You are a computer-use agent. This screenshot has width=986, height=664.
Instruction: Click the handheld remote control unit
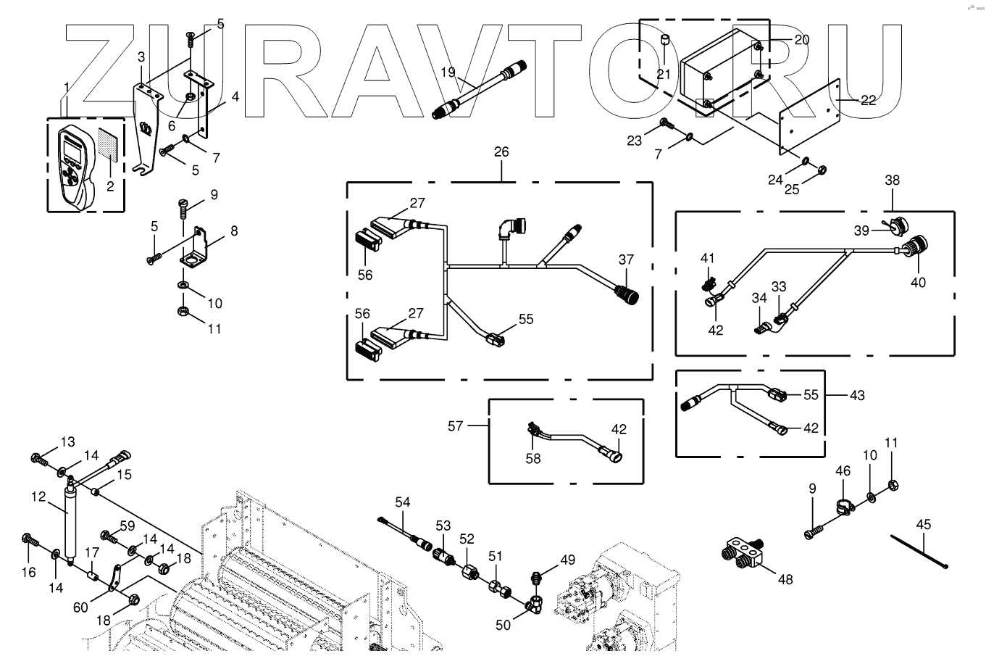[77, 168]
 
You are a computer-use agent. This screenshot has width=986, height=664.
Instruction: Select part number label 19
[448, 72]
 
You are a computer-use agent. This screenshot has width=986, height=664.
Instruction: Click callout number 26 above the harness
[501, 152]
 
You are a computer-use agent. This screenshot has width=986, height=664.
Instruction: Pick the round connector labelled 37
[627, 294]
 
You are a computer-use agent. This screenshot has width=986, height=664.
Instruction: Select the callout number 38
[893, 180]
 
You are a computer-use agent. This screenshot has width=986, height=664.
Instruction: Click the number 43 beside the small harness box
[857, 395]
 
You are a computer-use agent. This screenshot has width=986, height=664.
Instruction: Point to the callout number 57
[456, 426]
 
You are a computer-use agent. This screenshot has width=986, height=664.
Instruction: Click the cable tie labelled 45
[919, 552]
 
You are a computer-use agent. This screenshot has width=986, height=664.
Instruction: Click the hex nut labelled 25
[822, 170]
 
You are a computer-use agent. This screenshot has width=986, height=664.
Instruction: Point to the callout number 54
[402, 502]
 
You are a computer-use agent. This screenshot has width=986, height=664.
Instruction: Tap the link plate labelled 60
[115, 577]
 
